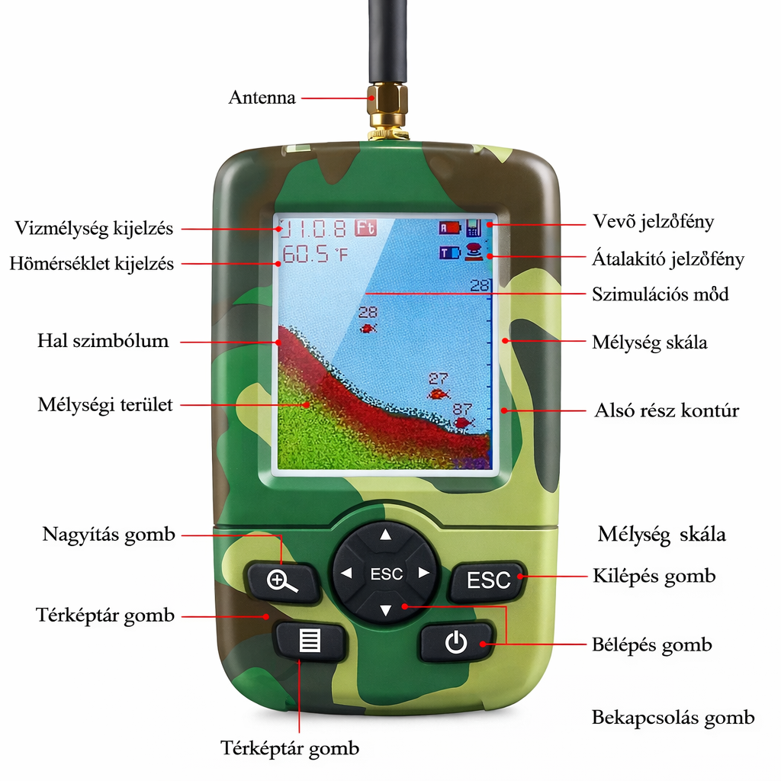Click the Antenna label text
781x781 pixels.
coord(262,98)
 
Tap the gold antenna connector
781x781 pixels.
coord(387,107)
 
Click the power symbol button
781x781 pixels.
coord(456,643)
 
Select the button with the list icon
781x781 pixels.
coord(310,641)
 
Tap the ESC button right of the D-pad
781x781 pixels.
coord(488,580)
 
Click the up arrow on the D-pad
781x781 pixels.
coord(385,535)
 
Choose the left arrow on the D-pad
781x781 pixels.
coord(347,574)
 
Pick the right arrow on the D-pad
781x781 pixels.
coord(424,574)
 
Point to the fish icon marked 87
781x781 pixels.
coord(462,423)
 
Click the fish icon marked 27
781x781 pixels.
coord(438,394)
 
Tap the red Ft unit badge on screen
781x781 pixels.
coord(365,227)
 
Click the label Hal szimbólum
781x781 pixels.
coord(103,341)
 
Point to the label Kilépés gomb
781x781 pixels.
coord(654,576)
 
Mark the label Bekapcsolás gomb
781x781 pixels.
coord(673,718)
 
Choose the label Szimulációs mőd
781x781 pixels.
coord(660,294)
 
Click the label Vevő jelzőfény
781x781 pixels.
coord(654,222)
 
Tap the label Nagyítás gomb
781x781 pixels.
coord(108,535)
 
